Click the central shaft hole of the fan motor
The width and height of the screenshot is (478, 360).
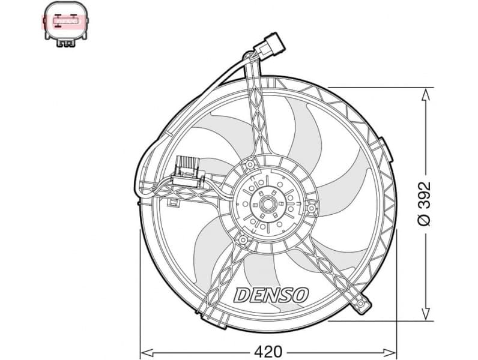pos(267,205)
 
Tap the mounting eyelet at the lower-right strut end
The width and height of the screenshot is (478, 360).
pos(363,305)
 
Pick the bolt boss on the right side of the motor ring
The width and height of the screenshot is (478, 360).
pos(312,208)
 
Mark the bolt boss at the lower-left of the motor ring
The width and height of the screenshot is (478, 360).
pos(243,240)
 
